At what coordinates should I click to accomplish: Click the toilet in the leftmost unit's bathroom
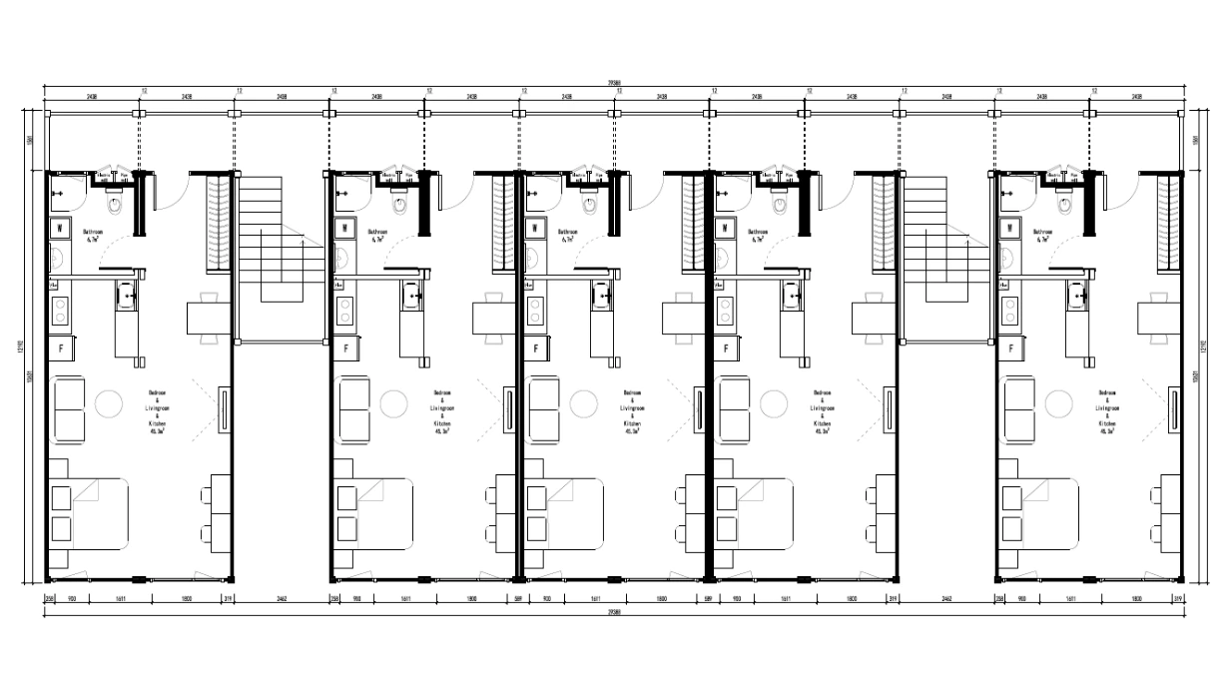114,208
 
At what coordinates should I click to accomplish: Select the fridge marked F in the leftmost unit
61,348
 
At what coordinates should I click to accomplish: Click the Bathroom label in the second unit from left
378,232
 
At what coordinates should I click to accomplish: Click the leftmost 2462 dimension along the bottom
281,599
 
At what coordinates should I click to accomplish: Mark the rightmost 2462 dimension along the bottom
945,599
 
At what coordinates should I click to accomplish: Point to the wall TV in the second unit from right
891,408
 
